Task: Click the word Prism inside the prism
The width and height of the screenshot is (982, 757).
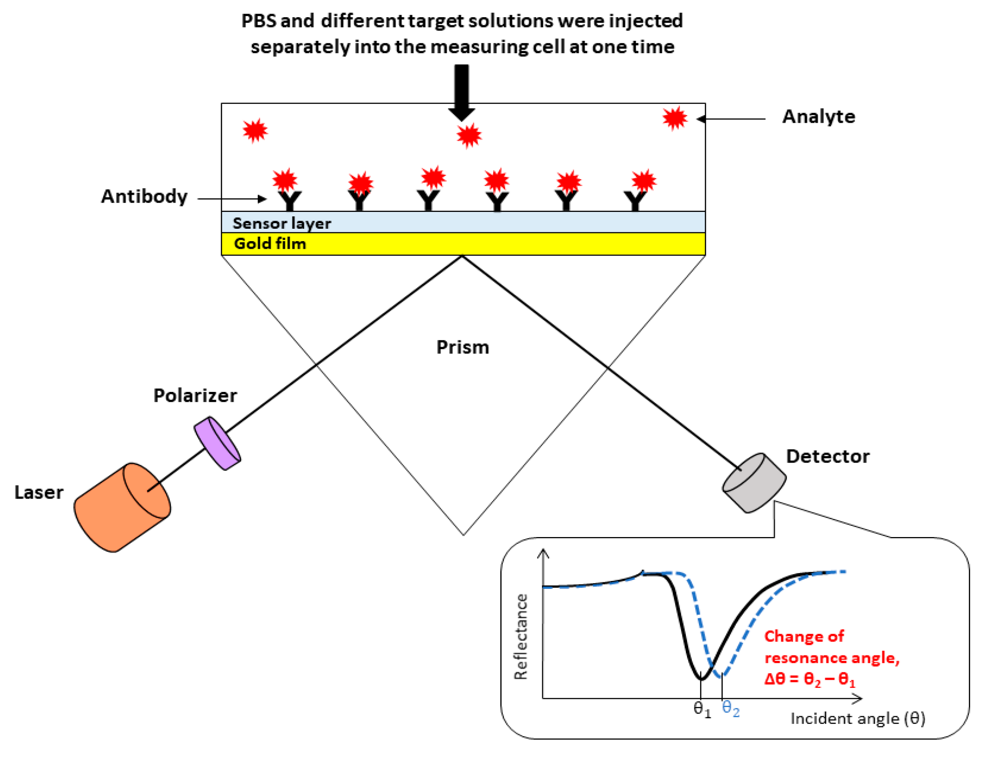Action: click(463, 348)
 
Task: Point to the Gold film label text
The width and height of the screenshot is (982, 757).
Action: click(270, 244)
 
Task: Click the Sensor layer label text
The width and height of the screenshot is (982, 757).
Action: click(281, 223)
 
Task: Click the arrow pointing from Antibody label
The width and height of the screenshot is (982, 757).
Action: click(231, 198)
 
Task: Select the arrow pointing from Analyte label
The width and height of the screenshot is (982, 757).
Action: click(731, 119)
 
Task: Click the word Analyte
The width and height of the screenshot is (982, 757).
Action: click(819, 117)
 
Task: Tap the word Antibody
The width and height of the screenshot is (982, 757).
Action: click(144, 197)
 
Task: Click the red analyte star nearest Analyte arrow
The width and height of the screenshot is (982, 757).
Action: click(675, 118)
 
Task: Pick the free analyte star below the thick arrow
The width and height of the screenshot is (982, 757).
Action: click(469, 136)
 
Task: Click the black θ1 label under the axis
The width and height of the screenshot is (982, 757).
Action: click(702, 709)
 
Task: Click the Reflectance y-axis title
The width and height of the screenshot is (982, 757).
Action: click(521, 637)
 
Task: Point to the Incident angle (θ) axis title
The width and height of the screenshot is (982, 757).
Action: click(857, 718)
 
